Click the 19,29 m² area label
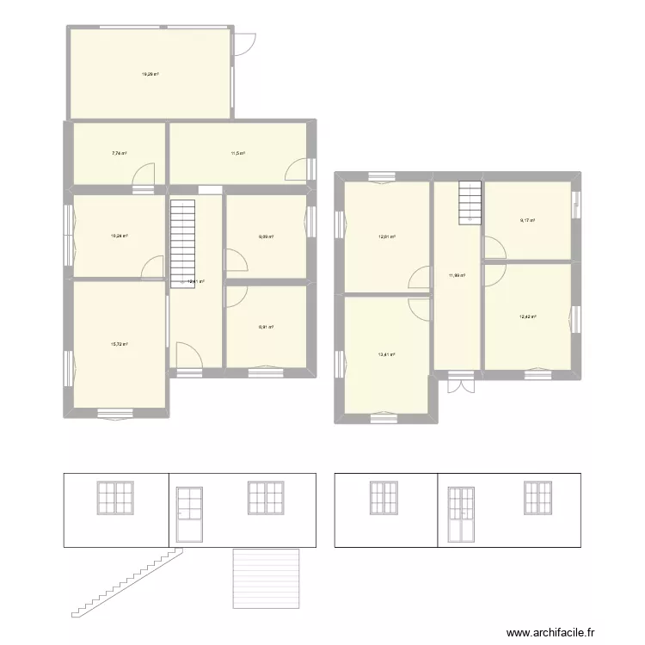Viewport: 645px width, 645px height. click(150, 74)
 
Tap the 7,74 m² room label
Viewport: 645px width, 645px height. click(119, 154)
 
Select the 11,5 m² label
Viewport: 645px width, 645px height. click(237, 154)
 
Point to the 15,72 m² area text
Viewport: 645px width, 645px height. click(119, 344)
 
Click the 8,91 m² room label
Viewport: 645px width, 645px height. click(266, 327)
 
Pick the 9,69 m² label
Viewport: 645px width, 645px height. click(266, 236)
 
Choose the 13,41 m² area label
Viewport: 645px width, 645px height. click(387, 353)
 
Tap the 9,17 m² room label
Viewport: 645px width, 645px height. click(527, 220)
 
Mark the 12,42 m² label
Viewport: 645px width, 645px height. click(527, 316)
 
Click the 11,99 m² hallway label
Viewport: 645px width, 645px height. click(457, 276)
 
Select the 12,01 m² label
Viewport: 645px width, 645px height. click(387, 236)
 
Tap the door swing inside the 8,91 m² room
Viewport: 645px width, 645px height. click(236, 295)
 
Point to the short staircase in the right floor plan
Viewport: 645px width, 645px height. click(470, 202)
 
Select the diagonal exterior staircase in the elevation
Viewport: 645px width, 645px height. click(129, 582)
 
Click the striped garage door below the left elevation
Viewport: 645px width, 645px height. click(267, 578)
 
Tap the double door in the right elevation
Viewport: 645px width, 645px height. click(463, 514)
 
